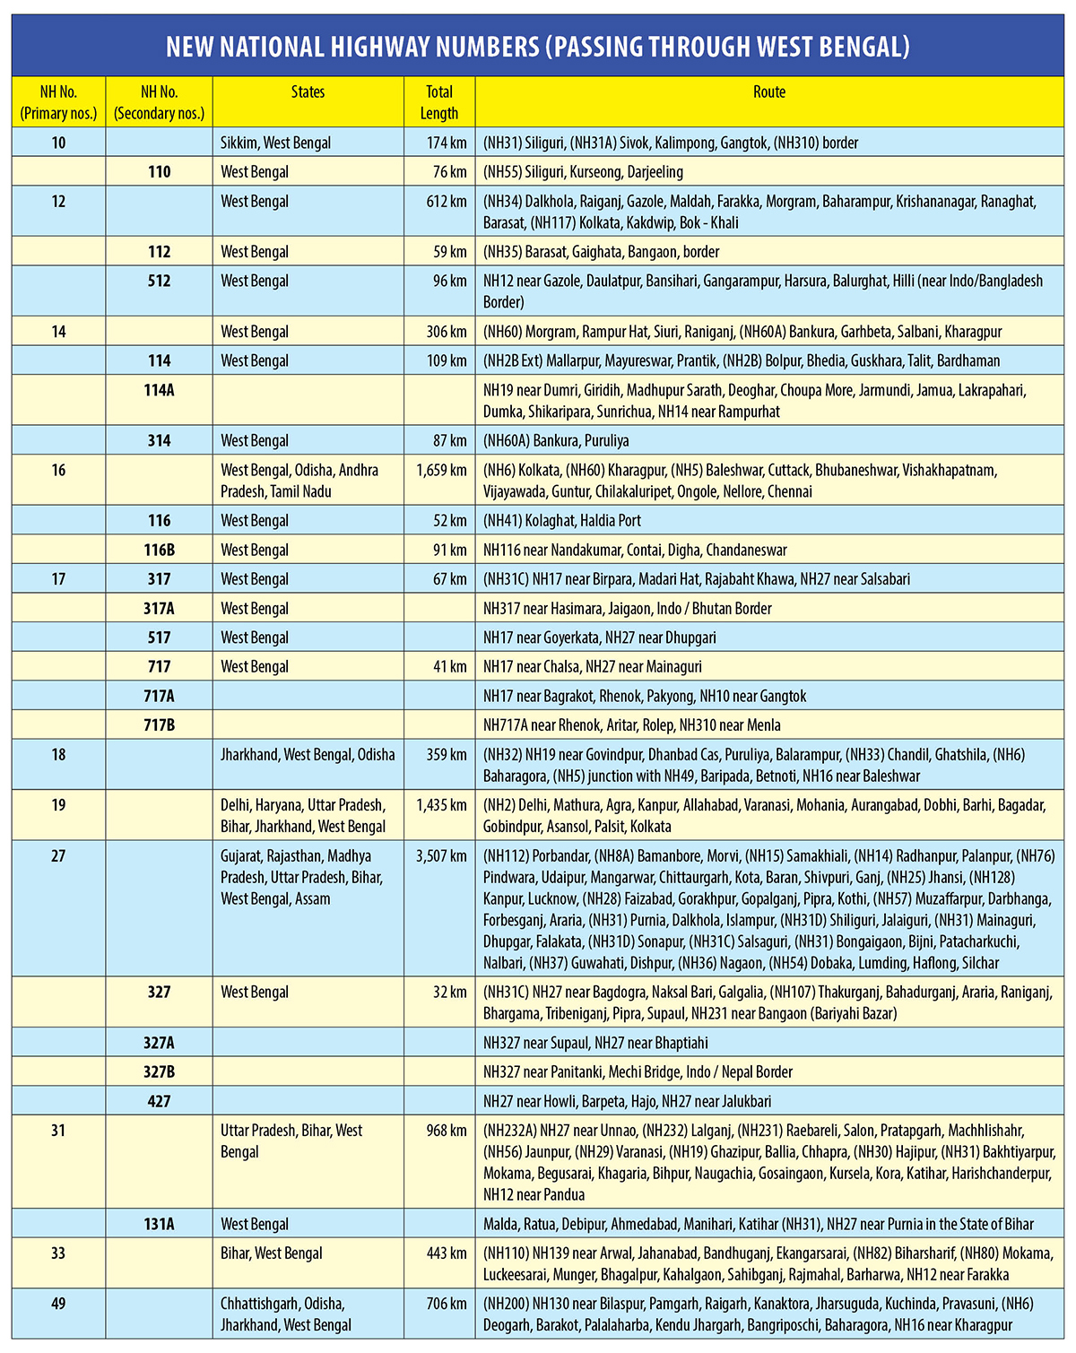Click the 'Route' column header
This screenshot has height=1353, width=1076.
click(768, 92)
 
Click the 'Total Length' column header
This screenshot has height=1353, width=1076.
click(439, 102)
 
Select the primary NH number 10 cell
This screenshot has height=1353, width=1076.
click(58, 143)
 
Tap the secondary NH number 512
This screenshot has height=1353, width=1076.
click(160, 281)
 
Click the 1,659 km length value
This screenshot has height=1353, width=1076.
click(441, 470)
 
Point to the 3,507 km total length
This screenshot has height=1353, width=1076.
click(441, 856)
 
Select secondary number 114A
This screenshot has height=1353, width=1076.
click(160, 390)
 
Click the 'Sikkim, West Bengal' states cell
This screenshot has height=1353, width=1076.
click(276, 143)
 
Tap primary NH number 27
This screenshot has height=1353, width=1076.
click(58, 856)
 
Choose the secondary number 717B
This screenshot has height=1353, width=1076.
click(160, 724)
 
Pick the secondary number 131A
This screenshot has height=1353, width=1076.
click(160, 1224)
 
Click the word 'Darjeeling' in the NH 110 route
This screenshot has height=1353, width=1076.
click(655, 172)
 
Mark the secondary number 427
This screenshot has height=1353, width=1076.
click(160, 1101)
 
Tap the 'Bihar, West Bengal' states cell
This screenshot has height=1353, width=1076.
click(272, 1253)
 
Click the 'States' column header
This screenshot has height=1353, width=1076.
click(308, 92)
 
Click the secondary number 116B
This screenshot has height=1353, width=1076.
click(160, 550)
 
